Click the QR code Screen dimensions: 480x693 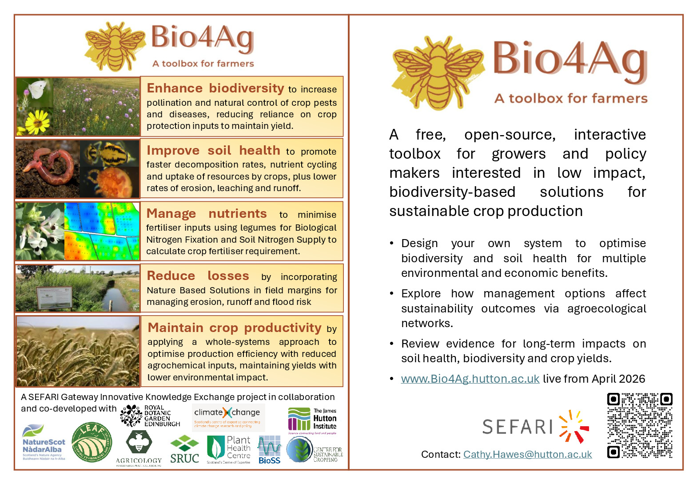click(x=639, y=425)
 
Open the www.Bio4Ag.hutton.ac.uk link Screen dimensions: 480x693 click(x=470, y=379)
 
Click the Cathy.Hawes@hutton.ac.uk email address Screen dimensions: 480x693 click(x=527, y=454)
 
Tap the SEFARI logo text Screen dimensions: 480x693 click(x=518, y=427)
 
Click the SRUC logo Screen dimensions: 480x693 click(x=184, y=450)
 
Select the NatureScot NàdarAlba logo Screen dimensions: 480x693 click(x=44, y=443)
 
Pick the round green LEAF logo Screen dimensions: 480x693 click(x=92, y=442)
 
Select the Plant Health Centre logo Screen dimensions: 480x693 click(x=228, y=449)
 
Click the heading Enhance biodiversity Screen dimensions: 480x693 click(x=215, y=88)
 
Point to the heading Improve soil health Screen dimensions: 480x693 click(x=213, y=150)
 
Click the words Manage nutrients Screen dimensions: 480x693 click(x=207, y=213)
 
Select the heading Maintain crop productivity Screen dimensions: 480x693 click(x=235, y=328)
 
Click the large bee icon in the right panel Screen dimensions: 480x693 click(x=438, y=71)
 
